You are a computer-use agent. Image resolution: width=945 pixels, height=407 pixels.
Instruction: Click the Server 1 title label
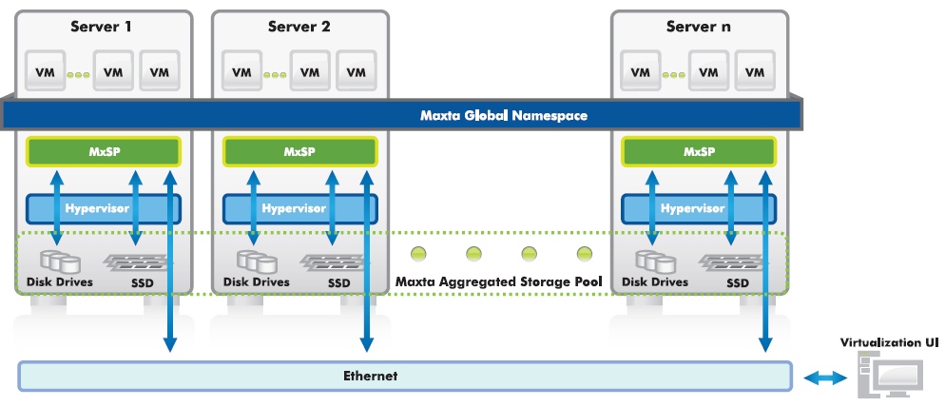tap(102, 27)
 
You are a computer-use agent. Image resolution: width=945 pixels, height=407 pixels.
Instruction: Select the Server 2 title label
tap(299, 27)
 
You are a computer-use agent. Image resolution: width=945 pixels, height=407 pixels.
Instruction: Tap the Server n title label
tap(699, 27)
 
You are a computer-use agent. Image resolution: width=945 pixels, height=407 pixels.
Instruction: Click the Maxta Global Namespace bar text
tap(504, 116)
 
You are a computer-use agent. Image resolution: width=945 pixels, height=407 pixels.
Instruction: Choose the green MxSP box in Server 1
tap(103, 151)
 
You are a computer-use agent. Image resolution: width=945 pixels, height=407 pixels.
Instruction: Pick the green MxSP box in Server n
tap(699, 151)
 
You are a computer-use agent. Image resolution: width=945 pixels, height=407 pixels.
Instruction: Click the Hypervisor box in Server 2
tap(299, 208)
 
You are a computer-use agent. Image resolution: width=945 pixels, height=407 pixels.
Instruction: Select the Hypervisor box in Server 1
tap(103, 208)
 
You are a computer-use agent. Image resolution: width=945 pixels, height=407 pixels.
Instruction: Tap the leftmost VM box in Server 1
tap(44, 72)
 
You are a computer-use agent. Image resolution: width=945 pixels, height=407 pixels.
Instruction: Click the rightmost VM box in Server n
tap(756, 72)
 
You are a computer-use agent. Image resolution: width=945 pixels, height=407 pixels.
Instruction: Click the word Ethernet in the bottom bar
tap(370, 377)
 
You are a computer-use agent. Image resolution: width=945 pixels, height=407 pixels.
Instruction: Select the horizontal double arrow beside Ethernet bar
tap(822, 378)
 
